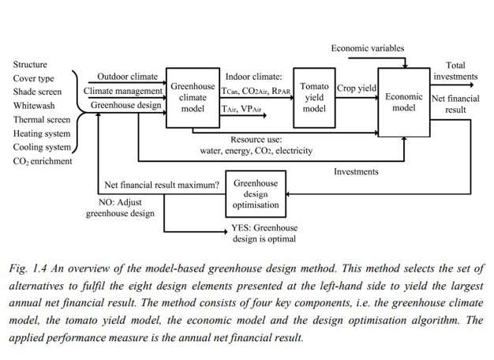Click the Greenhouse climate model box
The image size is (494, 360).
click(x=193, y=97)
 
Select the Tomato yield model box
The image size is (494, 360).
click(x=314, y=97)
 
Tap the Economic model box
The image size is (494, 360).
click(x=402, y=102)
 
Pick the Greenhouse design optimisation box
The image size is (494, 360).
click(x=255, y=194)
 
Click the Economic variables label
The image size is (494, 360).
click(x=367, y=48)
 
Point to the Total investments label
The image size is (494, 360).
click(x=455, y=71)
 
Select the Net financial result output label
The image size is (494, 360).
click(x=455, y=104)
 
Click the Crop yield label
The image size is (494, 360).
click(x=357, y=89)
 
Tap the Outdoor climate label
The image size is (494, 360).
click(x=127, y=77)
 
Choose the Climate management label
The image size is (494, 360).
click(x=124, y=91)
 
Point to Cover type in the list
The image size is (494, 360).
click(x=33, y=79)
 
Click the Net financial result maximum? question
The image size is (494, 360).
click(x=162, y=186)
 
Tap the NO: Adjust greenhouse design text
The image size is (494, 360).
click(x=120, y=207)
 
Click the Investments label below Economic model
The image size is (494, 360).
click(x=355, y=171)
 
